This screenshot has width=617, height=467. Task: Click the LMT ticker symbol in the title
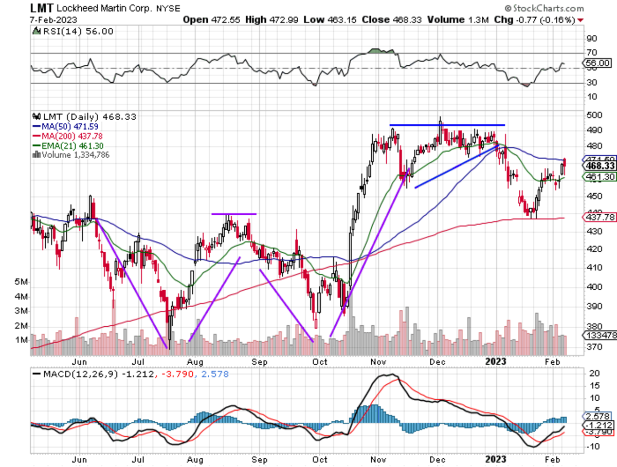coord(42,9)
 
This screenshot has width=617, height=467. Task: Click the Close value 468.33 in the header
coord(409,20)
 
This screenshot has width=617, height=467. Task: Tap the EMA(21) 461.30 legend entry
coord(69,145)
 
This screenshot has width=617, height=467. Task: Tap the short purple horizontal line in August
coord(233,214)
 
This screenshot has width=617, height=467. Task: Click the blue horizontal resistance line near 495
coord(447,125)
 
